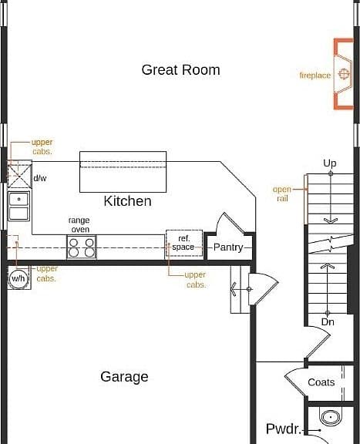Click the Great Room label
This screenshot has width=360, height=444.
click(x=180, y=70)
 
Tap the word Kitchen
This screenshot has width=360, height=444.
click(x=127, y=201)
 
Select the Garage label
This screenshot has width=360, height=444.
click(x=124, y=377)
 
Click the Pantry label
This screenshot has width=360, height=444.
click(x=228, y=247)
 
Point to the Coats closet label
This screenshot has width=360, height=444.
click(x=321, y=382)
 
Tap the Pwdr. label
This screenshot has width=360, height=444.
click(x=284, y=429)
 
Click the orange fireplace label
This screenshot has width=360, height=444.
click(x=315, y=76)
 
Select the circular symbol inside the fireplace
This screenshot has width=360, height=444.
click(x=344, y=74)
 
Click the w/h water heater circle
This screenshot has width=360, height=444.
click(x=19, y=278)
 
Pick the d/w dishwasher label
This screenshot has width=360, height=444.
click(x=40, y=178)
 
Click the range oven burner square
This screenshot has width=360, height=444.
click(x=82, y=247)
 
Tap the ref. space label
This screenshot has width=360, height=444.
click(x=183, y=243)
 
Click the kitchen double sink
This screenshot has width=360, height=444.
click(x=19, y=207)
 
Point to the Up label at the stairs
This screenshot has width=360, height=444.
click(x=330, y=163)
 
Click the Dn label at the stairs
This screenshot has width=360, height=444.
click(x=328, y=322)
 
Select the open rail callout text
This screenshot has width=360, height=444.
click(x=282, y=193)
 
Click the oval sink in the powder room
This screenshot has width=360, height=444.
click(x=330, y=417)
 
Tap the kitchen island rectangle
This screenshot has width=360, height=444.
click(x=123, y=172)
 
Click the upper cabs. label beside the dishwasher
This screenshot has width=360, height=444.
click(x=42, y=146)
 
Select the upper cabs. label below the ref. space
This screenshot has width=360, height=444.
click(x=195, y=280)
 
